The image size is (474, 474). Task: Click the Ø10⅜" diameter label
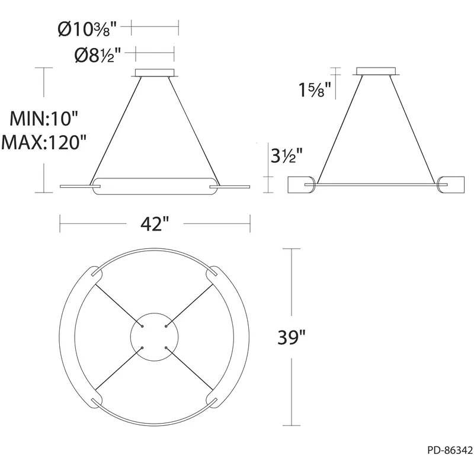tap(87, 30)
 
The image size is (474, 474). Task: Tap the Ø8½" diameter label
tap(98, 55)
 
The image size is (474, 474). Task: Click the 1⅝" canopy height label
tap(315, 90)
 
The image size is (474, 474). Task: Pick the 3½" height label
tap(286, 156)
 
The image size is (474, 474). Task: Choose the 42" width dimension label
tap(155, 224)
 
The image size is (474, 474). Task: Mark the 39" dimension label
tap(292, 337)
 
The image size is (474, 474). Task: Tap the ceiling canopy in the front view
tap(155, 73)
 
